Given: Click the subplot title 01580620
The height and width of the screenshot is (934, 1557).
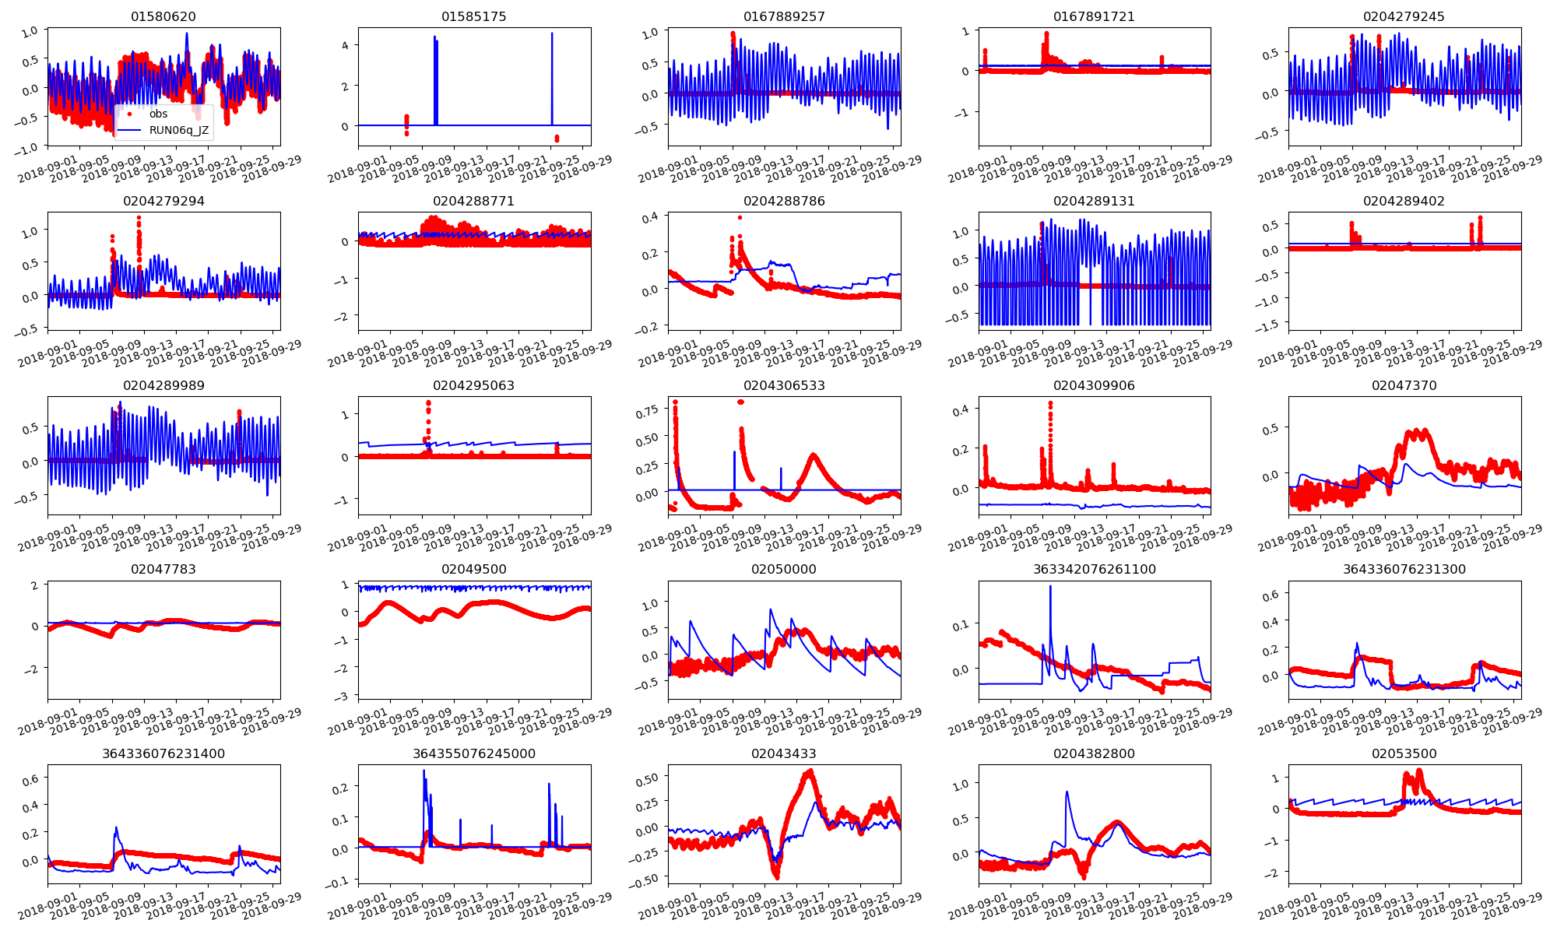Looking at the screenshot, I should pyautogui.click(x=163, y=16).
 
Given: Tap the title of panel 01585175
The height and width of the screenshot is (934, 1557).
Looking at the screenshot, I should pyautogui.click(x=473, y=16).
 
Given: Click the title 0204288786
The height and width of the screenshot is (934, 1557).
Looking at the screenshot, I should pyautogui.click(x=784, y=201).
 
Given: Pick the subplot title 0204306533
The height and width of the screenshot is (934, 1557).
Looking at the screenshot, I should pyautogui.click(x=784, y=385).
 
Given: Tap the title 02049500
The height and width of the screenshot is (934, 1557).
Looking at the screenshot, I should pyautogui.click(x=473, y=569).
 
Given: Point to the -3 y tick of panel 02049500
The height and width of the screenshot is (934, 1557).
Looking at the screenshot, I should pyautogui.click(x=346, y=695).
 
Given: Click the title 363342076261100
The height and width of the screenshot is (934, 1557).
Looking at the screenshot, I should pyautogui.click(x=1094, y=569).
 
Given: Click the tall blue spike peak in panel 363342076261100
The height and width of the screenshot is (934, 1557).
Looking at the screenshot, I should pyautogui.click(x=1050, y=586).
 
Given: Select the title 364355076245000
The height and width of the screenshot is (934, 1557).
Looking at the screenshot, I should pyautogui.click(x=473, y=753).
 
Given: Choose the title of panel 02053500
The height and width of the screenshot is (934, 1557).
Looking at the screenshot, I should pyautogui.click(x=1404, y=753).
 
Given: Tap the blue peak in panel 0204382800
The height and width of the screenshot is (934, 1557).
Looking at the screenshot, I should pyautogui.click(x=1067, y=792).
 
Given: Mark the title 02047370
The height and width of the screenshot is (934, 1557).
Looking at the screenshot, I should pyautogui.click(x=1404, y=385).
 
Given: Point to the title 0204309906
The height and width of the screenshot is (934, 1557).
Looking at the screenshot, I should pyautogui.click(x=1094, y=385).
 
